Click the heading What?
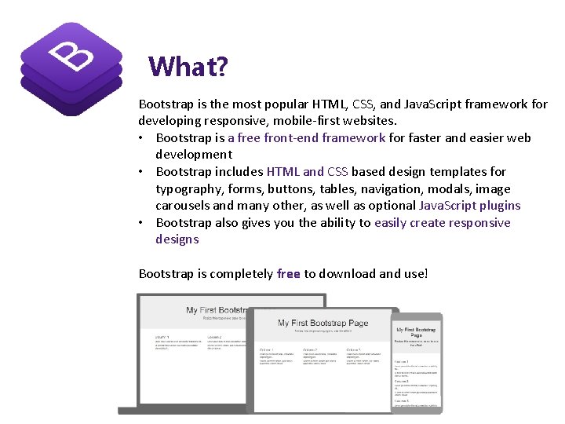(x=188, y=66)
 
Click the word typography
(x=188, y=189)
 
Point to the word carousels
(x=183, y=206)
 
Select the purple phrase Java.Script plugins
(x=469, y=206)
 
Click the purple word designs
(x=177, y=239)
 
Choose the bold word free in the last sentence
(x=289, y=274)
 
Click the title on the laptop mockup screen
(x=323, y=323)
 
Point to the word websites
(x=370, y=121)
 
